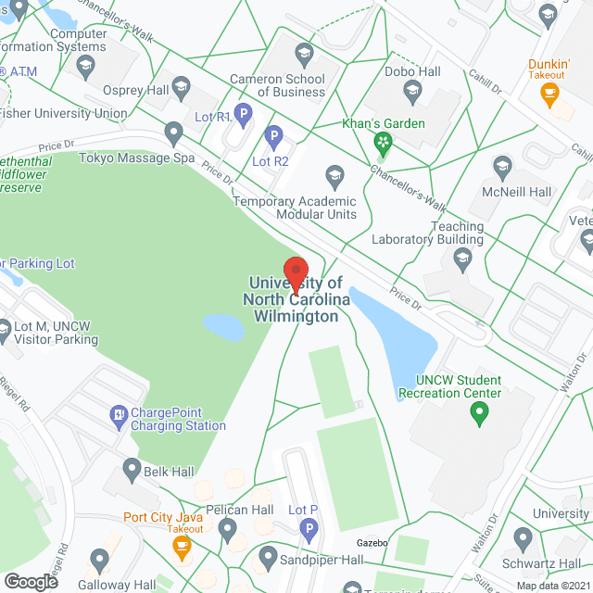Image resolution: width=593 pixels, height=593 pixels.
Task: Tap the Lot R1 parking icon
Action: coord(243,115)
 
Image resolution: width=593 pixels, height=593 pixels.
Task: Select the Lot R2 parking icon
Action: coord(273,139)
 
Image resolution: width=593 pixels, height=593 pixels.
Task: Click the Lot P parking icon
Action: coord(309,530)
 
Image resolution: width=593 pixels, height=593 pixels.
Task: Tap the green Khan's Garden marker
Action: coord(381,143)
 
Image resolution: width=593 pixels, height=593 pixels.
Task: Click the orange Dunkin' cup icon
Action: coord(549,93)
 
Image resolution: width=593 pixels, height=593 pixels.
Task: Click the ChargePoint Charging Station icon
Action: coord(119,413)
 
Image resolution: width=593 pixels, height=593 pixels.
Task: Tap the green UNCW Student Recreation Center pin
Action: coord(479,413)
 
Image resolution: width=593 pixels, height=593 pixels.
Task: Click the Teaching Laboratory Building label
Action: coord(428,233)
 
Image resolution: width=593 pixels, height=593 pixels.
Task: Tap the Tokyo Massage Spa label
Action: coord(136,158)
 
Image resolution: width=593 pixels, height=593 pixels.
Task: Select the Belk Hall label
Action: coord(169,472)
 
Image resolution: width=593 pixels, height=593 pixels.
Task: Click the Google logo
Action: coord(31,581)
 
